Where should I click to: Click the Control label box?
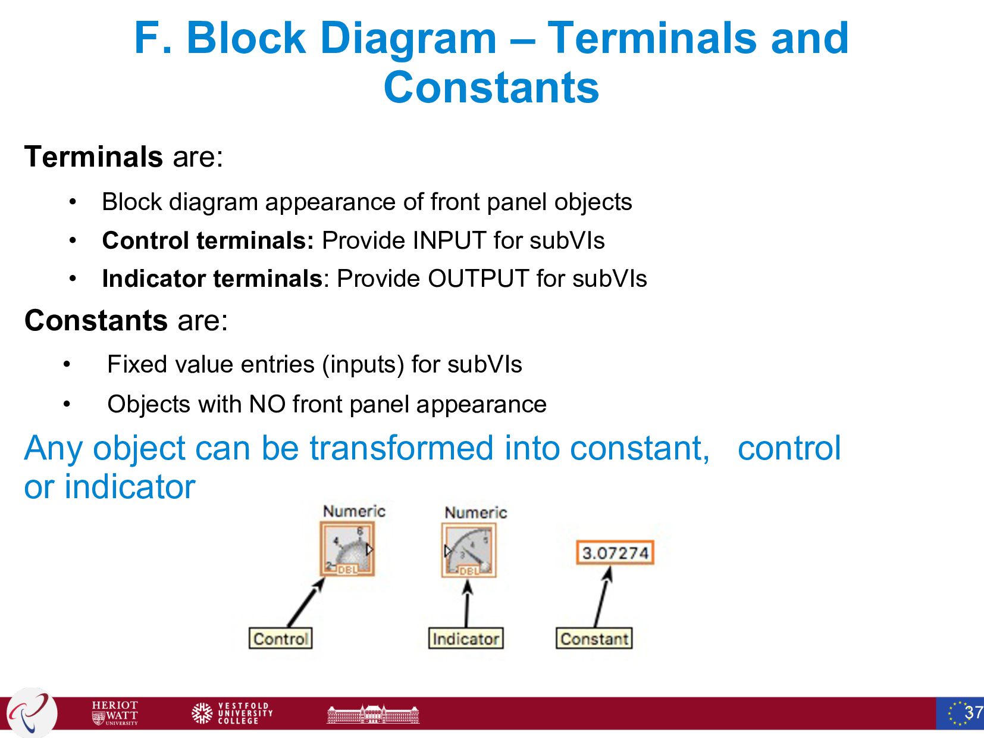click(280, 639)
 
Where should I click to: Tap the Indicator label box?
click(465, 639)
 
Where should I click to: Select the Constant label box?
click(594, 639)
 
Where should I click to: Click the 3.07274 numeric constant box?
click(615, 553)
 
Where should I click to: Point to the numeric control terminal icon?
click(347, 549)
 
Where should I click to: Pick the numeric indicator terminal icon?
click(469, 551)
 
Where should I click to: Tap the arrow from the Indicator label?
click(467, 603)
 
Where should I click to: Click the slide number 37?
click(973, 712)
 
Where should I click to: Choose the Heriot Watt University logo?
click(115, 712)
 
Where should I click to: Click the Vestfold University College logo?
click(232, 712)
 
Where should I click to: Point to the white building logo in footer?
click(373, 714)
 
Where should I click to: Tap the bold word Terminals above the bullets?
click(93, 157)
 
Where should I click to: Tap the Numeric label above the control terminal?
click(354, 511)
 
